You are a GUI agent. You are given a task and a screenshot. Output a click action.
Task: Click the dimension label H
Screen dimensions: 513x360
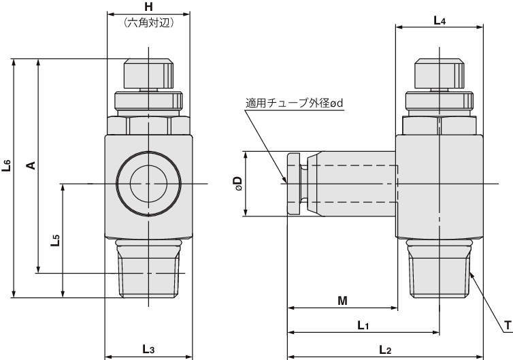point(148,7)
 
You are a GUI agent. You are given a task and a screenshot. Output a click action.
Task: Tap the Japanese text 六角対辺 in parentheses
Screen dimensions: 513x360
point(148,22)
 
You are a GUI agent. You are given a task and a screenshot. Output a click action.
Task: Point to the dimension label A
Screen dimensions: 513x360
point(31,165)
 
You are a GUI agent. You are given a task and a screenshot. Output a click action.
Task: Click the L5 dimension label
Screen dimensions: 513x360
point(55,240)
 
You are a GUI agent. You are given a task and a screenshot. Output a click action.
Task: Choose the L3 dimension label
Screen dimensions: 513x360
point(148,349)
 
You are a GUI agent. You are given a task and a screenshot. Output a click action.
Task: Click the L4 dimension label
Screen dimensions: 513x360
point(440,21)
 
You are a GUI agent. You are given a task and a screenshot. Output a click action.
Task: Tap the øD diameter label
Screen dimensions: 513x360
point(238,184)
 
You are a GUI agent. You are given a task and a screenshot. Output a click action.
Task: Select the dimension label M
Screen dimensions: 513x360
point(342,300)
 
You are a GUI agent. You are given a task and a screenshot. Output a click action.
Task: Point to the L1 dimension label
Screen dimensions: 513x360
point(363,325)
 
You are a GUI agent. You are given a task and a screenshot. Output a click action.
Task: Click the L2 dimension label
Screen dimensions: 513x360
point(385,350)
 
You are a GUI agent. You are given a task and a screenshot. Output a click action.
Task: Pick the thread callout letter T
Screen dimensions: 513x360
point(508,325)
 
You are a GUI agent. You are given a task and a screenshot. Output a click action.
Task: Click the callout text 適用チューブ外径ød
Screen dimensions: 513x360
point(294,103)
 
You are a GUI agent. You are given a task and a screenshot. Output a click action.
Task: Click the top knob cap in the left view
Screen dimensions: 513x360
point(148,73)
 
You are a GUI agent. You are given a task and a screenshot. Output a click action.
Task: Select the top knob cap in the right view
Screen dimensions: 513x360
point(440,73)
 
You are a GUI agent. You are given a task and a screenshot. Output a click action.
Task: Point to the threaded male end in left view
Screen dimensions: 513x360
point(148,268)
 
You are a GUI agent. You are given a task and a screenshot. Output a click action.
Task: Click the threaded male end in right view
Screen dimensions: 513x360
point(439,268)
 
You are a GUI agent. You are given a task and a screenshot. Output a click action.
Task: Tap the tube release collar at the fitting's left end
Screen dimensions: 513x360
point(293,184)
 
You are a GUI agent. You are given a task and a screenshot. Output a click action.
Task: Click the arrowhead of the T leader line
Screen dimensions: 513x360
point(471,274)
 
